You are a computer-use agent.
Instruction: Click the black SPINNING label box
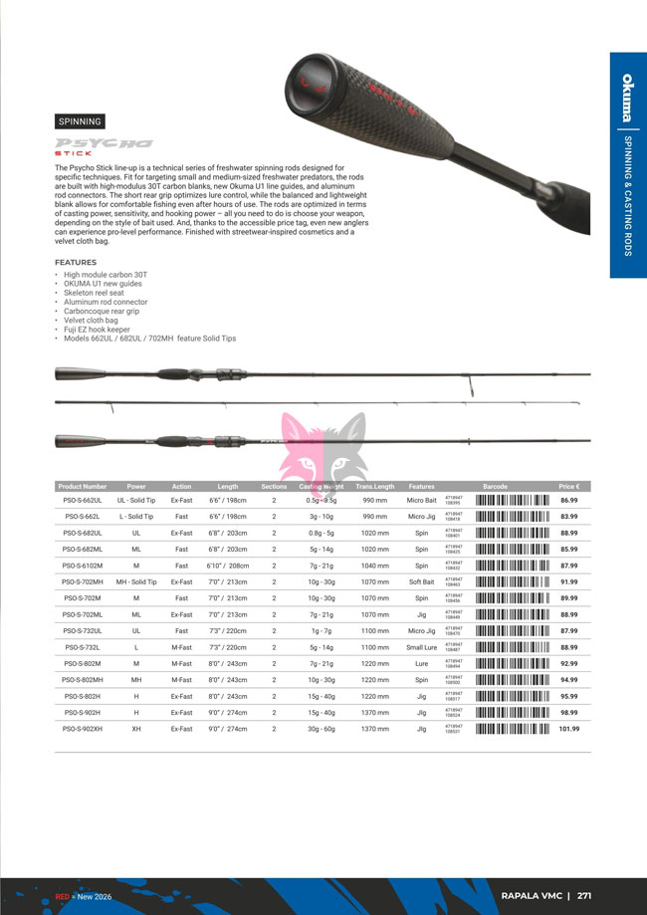pos(81,121)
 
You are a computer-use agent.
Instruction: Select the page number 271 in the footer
pos(584,895)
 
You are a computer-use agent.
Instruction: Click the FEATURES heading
pos(76,262)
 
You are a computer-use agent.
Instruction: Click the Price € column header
pos(569,487)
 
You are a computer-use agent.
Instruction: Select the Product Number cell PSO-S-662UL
pos(83,500)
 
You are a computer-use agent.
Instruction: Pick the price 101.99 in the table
pos(568,729)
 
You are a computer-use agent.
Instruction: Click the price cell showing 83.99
pos(569,517)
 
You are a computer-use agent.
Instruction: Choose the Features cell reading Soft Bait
pos(421,581)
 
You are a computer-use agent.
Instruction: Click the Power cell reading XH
pos(135,729)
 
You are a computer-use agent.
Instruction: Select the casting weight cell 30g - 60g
pos(321,729)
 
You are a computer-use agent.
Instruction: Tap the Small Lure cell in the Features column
pos(421,647)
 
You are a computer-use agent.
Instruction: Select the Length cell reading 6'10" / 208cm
pos(228,566)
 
